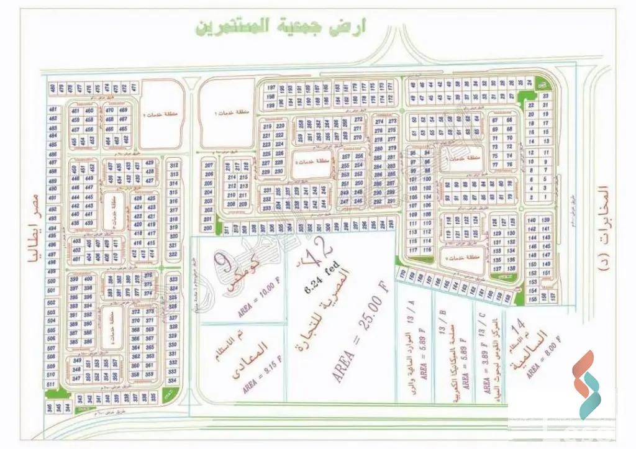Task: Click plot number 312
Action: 175,165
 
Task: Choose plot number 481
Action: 53,110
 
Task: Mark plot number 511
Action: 52,384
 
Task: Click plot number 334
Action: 174,380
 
